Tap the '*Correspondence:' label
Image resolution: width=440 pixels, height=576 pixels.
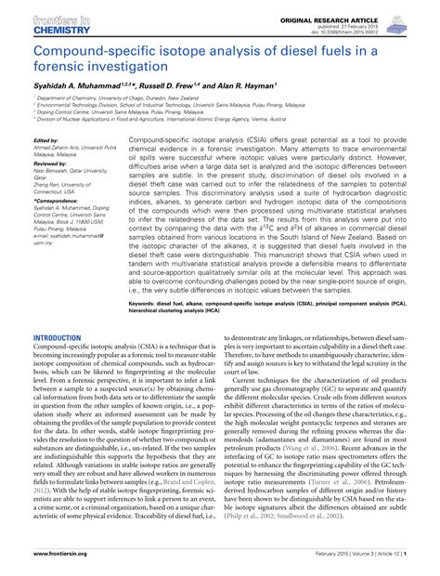(x=56, y=225)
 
